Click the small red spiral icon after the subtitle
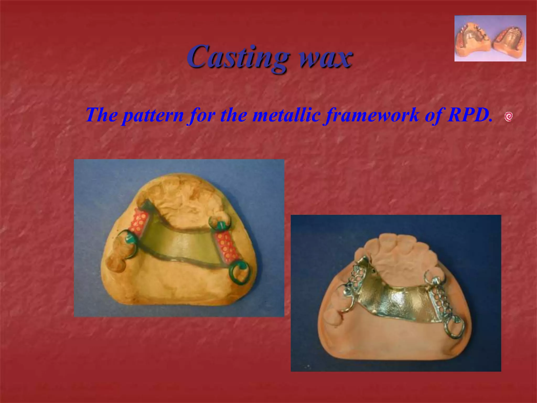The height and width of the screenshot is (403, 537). (x=508, y=116)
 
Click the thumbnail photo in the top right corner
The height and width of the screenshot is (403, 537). (x=490, y=38)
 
